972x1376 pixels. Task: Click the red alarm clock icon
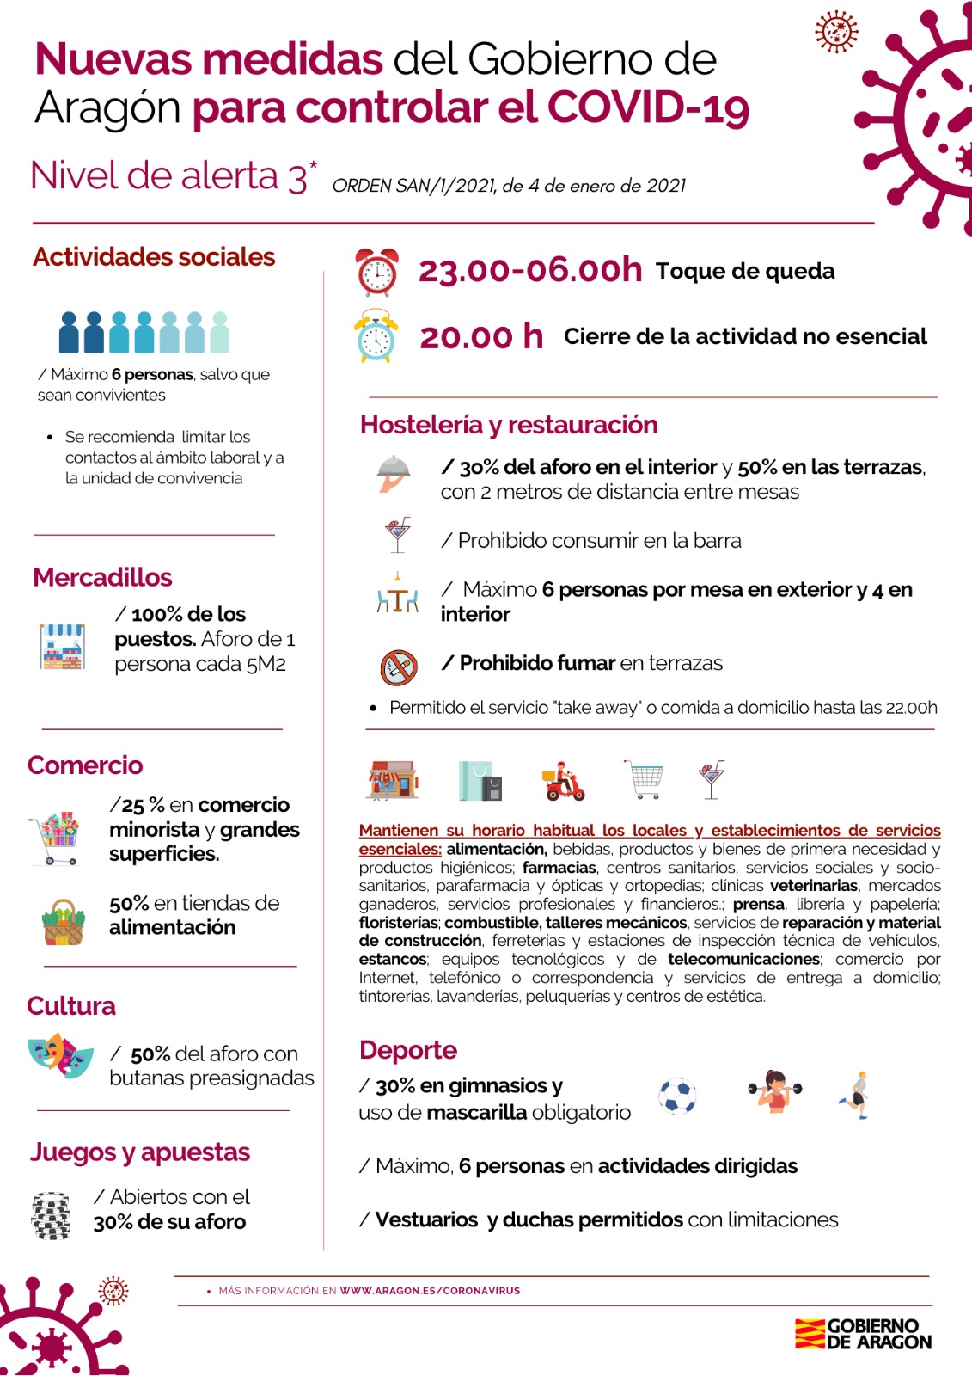point(377,272)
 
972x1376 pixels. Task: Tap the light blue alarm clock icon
point(376,337)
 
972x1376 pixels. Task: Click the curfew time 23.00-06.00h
point(529,270)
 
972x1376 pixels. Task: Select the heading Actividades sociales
point(154,257)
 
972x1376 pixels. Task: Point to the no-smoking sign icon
point(399,666)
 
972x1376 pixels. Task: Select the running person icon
point(856,1095)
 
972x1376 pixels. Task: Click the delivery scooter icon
point(563,781)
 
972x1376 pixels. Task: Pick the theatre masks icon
point(60,1055)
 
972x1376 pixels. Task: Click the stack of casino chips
point(52,1215)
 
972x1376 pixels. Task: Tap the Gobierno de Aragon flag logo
point(810,1334)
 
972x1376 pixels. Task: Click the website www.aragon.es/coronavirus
point(430,1291)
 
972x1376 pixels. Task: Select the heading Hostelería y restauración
point(509,425)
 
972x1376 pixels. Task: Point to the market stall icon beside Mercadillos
point(63,647)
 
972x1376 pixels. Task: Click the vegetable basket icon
point(63,923)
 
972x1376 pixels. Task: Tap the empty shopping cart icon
point(645,779)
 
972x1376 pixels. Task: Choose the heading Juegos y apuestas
point(140,1152)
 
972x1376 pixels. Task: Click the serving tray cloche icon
point(394,472)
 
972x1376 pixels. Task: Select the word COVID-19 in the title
point(648,108)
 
